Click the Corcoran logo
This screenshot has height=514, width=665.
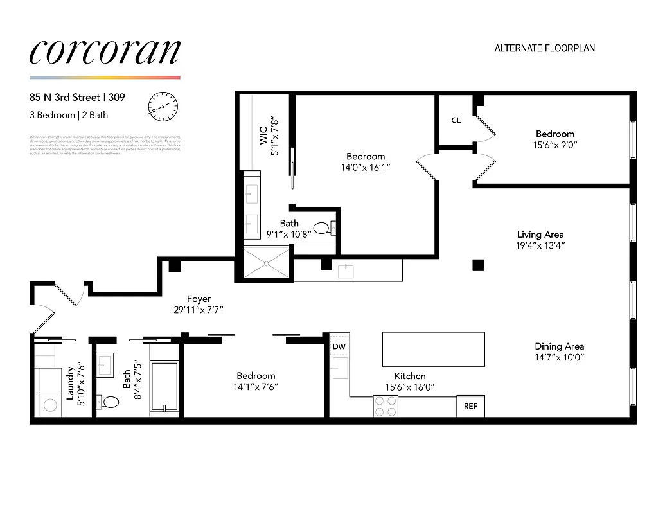pos(105,52)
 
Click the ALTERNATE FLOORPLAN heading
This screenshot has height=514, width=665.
pos(544,48)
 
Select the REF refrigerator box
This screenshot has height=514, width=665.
pos(470,406)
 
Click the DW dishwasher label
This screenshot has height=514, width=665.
pos(339,347)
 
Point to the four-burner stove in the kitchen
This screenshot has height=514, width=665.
pos(386,406)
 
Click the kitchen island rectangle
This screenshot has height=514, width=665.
pos(434,349)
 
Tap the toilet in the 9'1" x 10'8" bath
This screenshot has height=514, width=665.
pos(323,227)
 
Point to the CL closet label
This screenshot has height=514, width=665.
pos(456,120)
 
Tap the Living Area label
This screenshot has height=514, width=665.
pos(540,235)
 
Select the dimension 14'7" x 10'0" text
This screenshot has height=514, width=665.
pos(559,358)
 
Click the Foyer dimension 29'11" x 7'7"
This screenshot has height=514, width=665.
pos(199,310)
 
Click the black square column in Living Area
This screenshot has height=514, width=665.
pos(477,264)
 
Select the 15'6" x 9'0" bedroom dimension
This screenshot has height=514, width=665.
pos(555,145)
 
